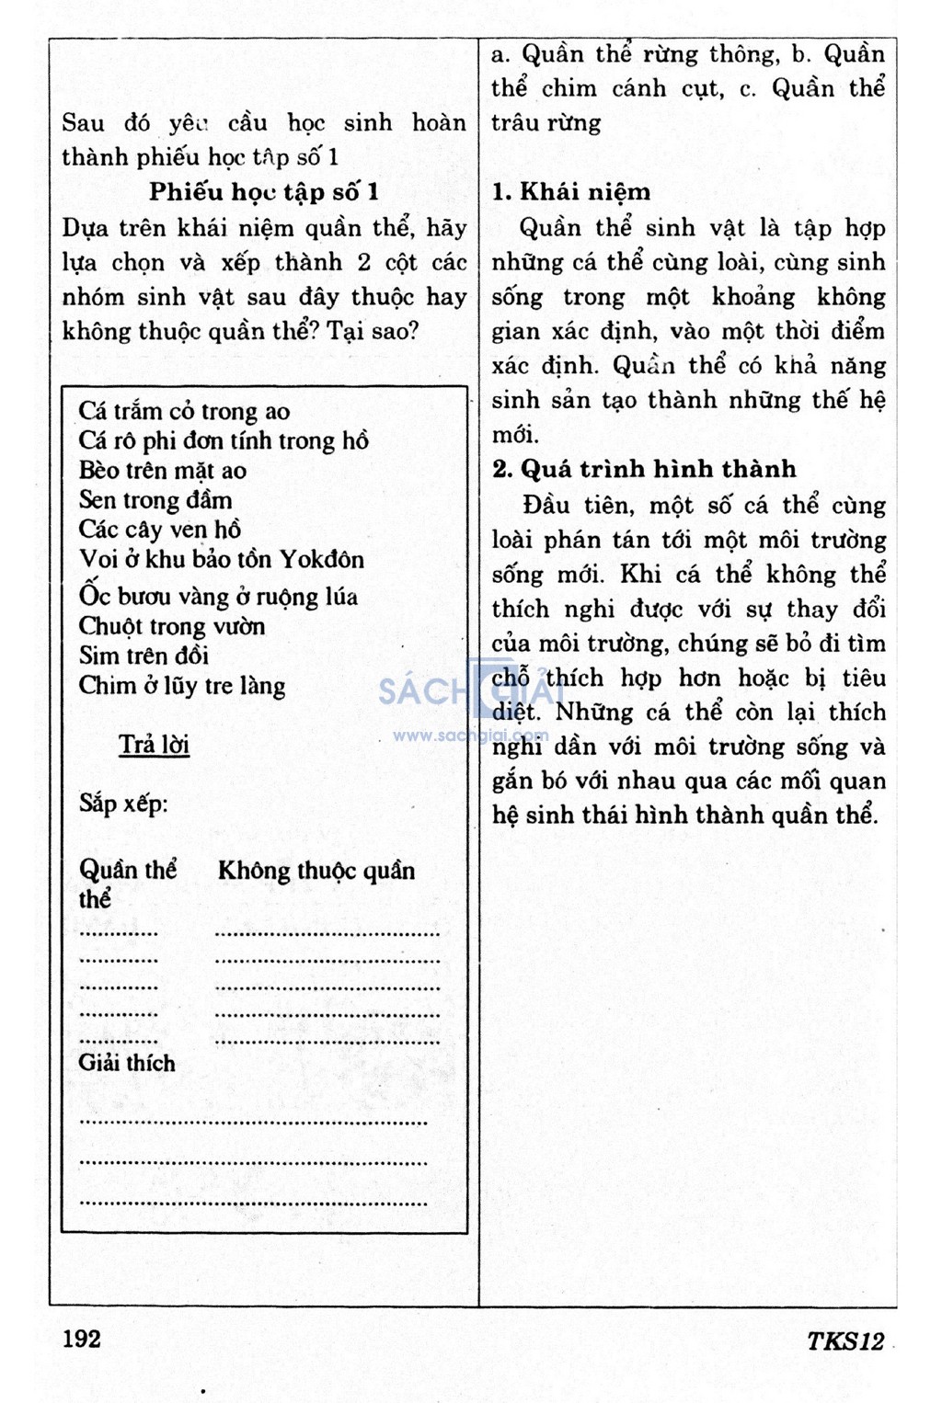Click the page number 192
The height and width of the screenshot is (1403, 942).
(82, 1338)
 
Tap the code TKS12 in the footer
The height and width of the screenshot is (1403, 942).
(844, 1340)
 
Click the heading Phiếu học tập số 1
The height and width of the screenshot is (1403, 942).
(264, 192)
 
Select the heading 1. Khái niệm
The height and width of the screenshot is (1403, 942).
(571, 192)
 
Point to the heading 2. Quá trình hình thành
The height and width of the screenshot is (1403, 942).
(644, 469)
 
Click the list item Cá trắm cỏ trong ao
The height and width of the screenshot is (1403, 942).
(184, 411)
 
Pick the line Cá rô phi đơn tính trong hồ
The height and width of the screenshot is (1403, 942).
(224, 440)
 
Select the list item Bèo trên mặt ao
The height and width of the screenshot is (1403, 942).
(163, 470)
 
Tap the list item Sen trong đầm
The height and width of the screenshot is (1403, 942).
(155, 499)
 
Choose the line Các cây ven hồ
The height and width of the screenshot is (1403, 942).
(160, 530)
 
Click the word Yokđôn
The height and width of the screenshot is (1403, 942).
(322, 559)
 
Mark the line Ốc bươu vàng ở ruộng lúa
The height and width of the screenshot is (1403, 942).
(218, 596)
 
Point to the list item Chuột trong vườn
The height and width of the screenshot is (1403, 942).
(172, 626)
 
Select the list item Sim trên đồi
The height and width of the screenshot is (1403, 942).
(144, 656)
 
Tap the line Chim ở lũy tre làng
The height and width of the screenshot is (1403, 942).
(182, 686)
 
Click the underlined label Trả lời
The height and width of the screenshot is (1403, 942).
(154, 744)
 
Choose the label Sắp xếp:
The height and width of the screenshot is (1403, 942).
(123, 804)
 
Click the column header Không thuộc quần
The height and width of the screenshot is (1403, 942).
(316, 870)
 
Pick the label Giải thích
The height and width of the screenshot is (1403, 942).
(127, 1063)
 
